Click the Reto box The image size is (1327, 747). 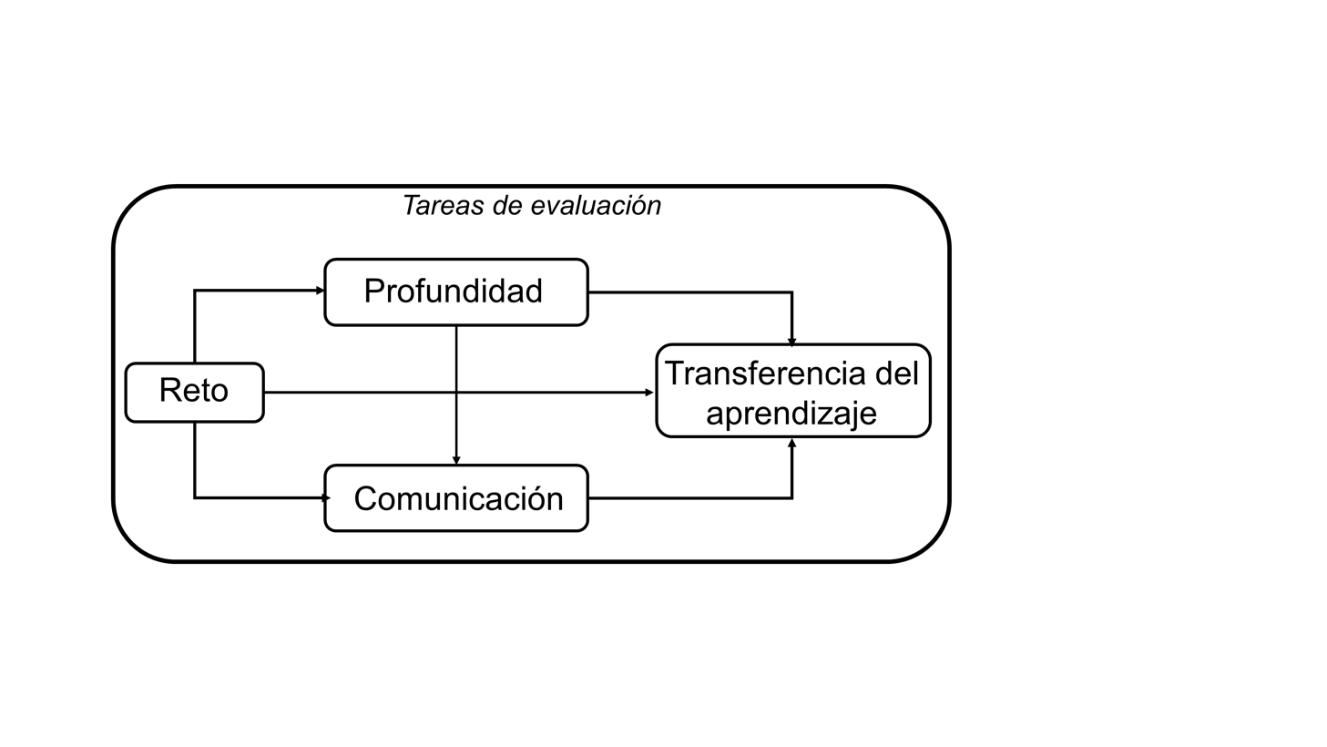(x=194, y=393)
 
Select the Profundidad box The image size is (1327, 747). (x=456, y=292)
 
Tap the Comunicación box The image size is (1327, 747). (x=456, y=498)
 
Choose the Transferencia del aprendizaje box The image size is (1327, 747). (x=792, y=391)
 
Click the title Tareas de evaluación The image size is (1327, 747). (x=531, y=206)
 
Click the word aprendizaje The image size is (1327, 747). (x=791, y=414)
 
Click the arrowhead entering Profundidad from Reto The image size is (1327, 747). (x=321, y=291)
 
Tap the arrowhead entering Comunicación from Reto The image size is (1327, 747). (x=325, y=498)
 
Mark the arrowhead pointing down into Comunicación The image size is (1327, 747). (x=456, y=460)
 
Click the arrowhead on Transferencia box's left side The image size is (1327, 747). (x=649, y=393)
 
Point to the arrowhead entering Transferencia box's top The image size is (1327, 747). (x=792, y=342)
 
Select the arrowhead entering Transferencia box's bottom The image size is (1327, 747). (x=792, y=443)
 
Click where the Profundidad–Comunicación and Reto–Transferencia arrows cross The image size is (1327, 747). (x=456, y=393)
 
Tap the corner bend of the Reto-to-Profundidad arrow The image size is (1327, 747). (x=195, y=291)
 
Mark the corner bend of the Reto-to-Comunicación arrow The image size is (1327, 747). (x=195, y=497)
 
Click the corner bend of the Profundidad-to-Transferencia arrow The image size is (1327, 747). (x=792, y=292)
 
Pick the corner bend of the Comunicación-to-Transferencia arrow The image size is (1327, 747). (x=792, y=498)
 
